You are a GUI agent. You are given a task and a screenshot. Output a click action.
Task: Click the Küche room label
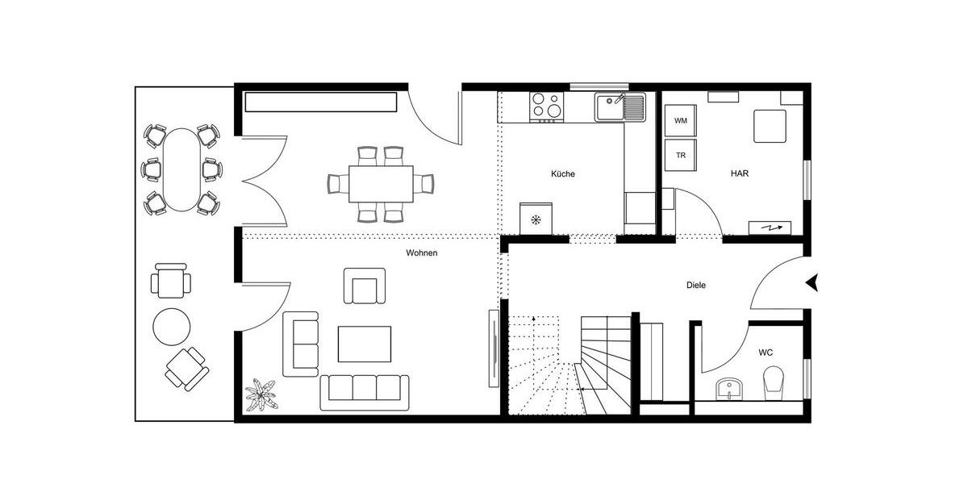(x=563, y=173)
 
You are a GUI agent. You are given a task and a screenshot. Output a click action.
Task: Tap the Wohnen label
(x=421, y=253)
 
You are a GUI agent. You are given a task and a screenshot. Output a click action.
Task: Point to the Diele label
(x=695, y=285)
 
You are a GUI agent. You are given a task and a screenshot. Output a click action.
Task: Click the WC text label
(x=766, y=353)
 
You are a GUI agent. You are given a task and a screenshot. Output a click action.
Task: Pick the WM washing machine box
(x=681, y=121)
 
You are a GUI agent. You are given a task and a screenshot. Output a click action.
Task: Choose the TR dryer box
(x=681, y=154)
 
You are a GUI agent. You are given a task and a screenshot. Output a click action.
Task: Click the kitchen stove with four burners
(x=547, y=107)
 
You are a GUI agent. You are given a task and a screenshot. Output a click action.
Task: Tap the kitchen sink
(x=620, y=107)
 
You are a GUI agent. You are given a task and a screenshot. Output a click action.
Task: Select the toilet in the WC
(x=774, y=381)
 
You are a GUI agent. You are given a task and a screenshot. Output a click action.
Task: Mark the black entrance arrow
(x=812, y=282)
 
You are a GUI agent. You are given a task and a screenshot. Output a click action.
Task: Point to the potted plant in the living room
(x=261, y=394)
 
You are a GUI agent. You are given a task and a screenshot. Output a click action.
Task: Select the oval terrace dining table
(x=181, y=169)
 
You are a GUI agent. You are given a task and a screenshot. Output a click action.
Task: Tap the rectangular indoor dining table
(x=381, y=184)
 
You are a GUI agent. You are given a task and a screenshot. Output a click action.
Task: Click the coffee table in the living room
(x=364, y=344)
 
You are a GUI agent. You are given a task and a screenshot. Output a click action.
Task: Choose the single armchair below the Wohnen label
(x=365, y=286)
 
